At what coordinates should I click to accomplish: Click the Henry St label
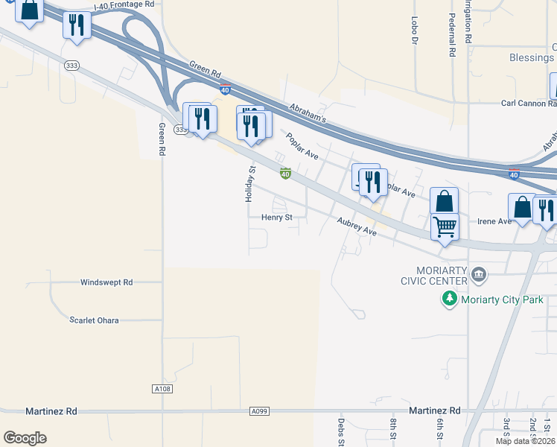[x=278, y=218]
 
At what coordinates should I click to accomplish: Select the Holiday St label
[x=250, y=184]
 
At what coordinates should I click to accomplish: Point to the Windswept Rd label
[x=106, y=282]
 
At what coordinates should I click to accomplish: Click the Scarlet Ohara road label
[x=94, y=320]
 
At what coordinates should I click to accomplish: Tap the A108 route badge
[x=162, y=389]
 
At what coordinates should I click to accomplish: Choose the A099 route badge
[x=259, y=411]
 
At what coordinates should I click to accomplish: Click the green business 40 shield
[x=284, y=174]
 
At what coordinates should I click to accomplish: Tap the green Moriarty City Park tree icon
[x=449, y=299]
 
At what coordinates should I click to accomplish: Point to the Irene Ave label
[x=494, y=221]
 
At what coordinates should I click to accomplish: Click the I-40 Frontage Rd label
[x=124, y=4]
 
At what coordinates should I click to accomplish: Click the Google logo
[x=25, y=438]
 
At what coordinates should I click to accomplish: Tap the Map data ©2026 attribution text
[x=525, y=441]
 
